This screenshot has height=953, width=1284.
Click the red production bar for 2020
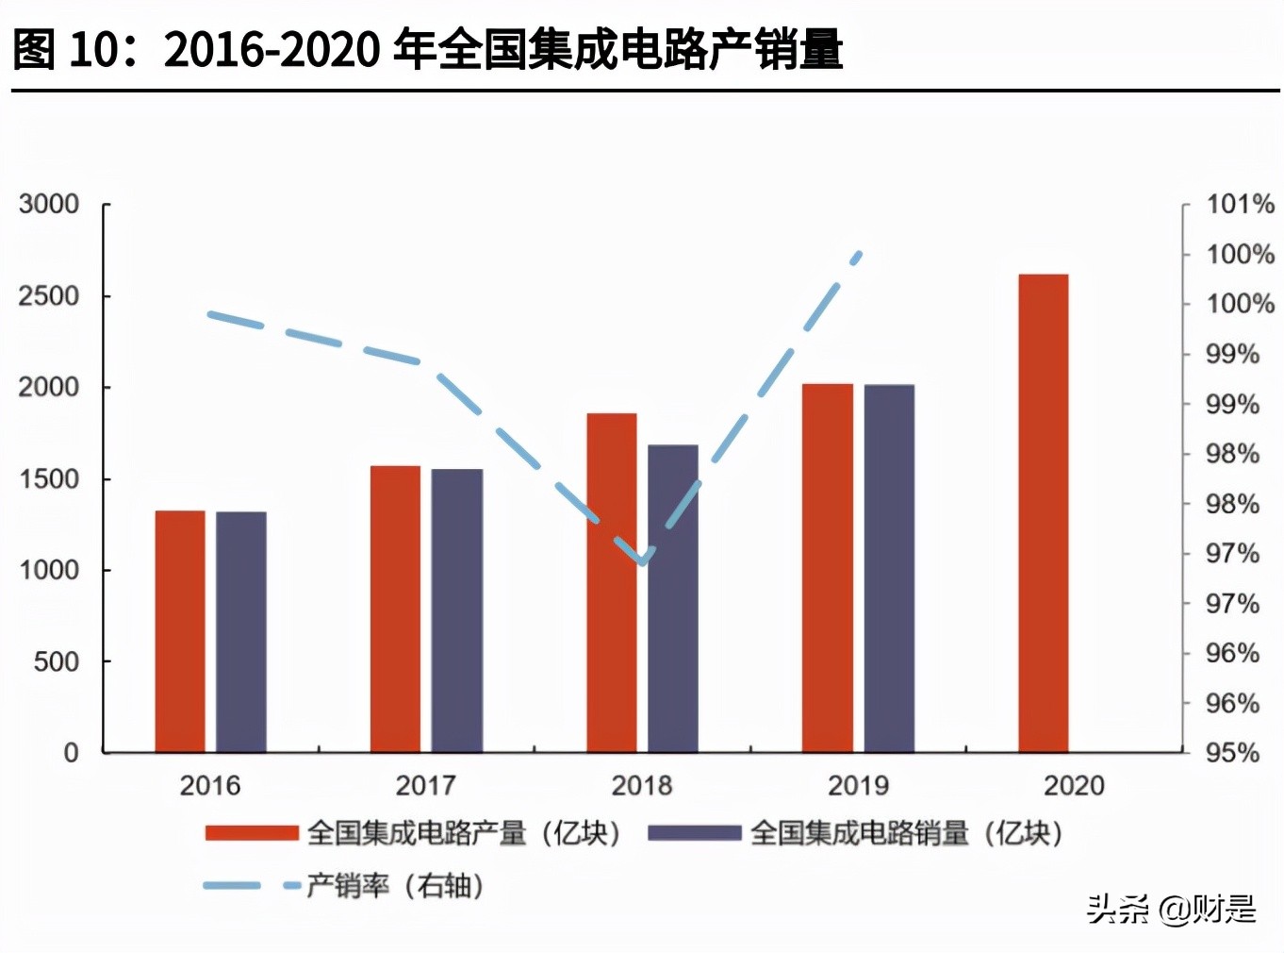1044,514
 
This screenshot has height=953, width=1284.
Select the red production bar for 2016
180,632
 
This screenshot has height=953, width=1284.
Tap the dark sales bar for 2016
241,632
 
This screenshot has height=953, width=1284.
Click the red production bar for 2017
395,610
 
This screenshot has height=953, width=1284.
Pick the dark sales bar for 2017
457,611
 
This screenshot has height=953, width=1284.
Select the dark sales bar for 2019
889,569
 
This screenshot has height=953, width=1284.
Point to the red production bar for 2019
828,569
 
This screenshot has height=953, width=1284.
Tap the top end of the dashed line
858,253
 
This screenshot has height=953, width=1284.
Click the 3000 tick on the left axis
49,205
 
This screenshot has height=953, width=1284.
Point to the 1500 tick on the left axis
49,479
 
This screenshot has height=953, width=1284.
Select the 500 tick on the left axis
57,662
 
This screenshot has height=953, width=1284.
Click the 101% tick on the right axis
1240,205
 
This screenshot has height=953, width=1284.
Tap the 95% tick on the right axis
1232,753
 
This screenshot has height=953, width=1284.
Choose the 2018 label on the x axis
642,785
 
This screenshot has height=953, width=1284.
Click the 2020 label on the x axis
1074,785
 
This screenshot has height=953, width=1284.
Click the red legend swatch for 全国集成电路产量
252,833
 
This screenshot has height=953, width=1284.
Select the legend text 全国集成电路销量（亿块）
906,833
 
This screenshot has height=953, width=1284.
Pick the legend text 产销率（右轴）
395,886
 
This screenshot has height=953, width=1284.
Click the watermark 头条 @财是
1171,909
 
